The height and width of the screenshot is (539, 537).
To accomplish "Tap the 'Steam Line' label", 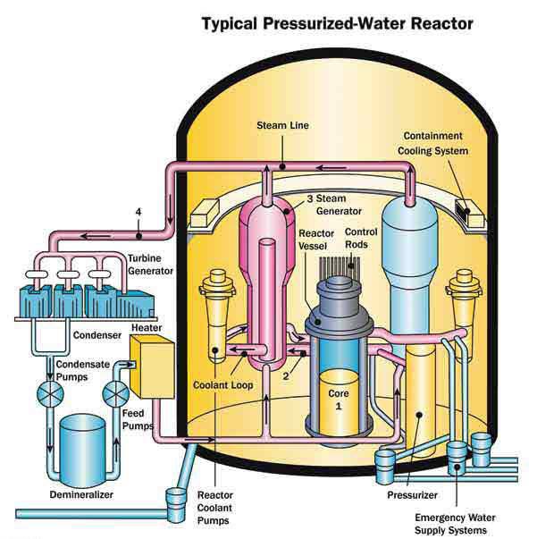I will (282, 125).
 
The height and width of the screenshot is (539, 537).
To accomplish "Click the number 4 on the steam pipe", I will (138, 212).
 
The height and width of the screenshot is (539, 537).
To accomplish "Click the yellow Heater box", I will (151, 366).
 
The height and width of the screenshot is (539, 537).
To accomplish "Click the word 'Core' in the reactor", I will (339, 391).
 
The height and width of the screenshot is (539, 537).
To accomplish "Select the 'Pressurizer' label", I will (412, 494).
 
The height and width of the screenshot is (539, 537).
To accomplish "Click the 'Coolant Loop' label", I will (222, 386).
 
